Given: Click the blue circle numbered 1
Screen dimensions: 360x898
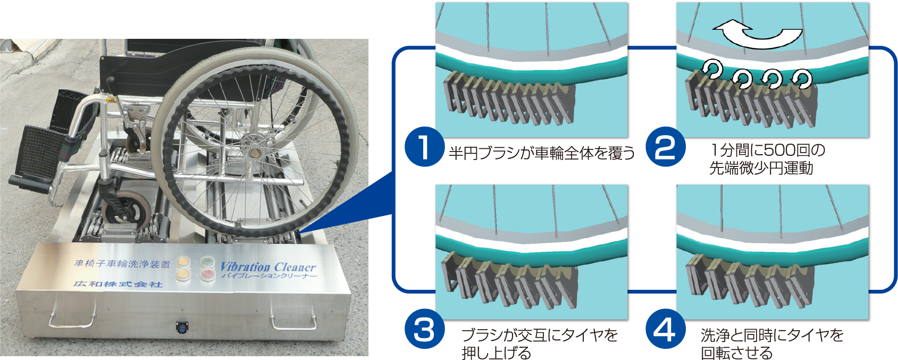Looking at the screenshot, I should click(424, 147).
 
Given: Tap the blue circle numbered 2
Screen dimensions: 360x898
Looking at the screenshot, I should click(665, 147).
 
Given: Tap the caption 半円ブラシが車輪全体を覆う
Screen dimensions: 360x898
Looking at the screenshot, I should click(542, 154).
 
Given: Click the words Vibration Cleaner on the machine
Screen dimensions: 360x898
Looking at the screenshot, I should click(268, 266).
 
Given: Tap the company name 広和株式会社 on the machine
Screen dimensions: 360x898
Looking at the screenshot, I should click(118, 284).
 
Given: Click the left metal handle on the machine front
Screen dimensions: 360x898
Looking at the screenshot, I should click(73, 320).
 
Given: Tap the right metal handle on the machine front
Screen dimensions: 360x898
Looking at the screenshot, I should click(292, 322).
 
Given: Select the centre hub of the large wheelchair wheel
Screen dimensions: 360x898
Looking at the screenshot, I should click(252, 153).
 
